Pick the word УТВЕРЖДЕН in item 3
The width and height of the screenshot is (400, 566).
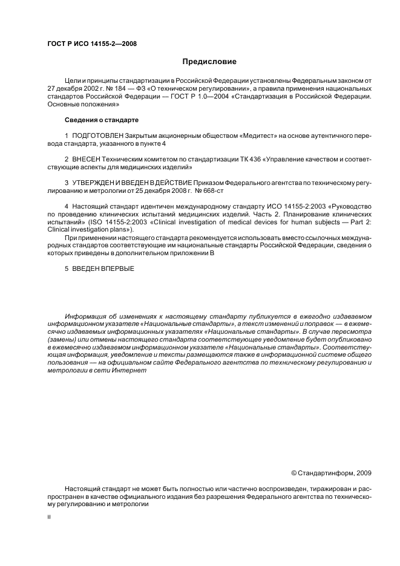tap(96, 182)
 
